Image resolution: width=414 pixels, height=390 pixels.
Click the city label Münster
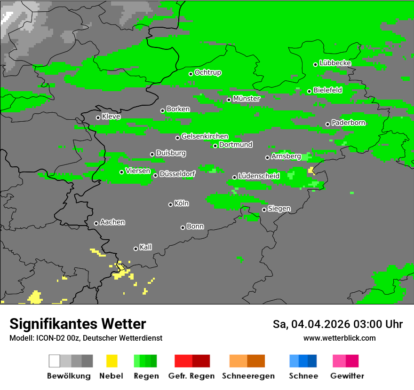pyautogui.click(x=246, y=99)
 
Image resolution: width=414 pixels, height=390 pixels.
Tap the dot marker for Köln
pyautogui.click(x=170, y=204)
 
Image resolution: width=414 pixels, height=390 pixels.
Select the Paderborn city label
pyautogui.click(x=348, y=123)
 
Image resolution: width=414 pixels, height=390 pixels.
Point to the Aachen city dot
pyautogui.click(x=96, y=223)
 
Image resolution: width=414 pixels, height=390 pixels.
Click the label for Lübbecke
pyautogui.click(x=335, y=63)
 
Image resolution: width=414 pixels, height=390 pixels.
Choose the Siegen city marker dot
pyautogui.click(x=264, y=210)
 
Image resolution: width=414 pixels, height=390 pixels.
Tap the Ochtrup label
pyautogui.click(x=207, y=73)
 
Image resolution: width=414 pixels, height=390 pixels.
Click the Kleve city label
pyautogui.click(x=111, y=117)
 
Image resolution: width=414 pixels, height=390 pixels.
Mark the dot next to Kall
pyautogui.click(x=135, y=249)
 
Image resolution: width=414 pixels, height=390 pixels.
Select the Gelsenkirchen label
pyautogui.click(x=205, y=136)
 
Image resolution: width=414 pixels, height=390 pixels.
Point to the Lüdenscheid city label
pyautogui.click(x=259, y=176)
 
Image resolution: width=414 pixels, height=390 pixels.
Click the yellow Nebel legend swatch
pyautogui.click(x=111, y=361)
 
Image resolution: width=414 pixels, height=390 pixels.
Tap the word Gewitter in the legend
pyautogui.click(x=347, y=376)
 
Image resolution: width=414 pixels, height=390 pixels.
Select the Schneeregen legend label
pyautogui.click(x=247, y=376)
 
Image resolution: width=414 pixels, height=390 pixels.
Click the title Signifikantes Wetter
pyautogui.click(x=78, y=324)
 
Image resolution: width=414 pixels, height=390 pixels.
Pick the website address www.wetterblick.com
pyautogui.click(x=339, y=338)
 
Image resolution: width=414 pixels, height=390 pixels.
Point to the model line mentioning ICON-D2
pyautogui.click(x=86, y=338)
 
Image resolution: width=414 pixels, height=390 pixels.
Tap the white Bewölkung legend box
pyautogui.click(x=55, y=361)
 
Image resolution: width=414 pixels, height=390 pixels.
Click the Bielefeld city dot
pyautogui.click(x=309, y=91)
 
